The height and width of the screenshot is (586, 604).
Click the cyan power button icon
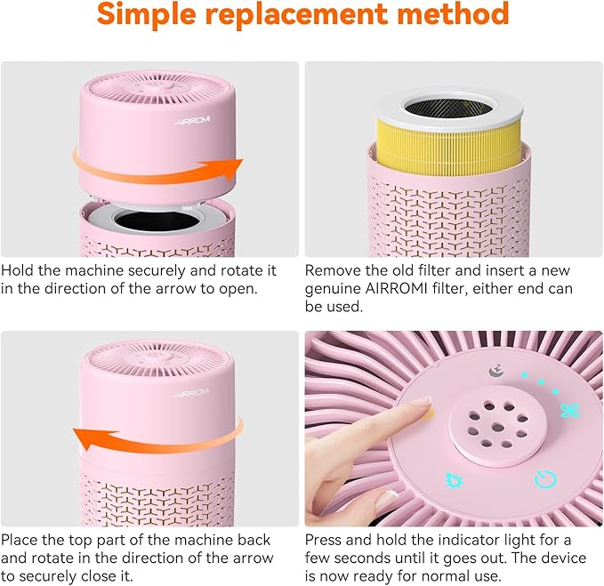point(544,480)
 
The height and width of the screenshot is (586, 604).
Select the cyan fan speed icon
point(569,410)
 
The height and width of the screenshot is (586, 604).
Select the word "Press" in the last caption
point(326,540)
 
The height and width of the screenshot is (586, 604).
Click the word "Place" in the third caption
point(21,540)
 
